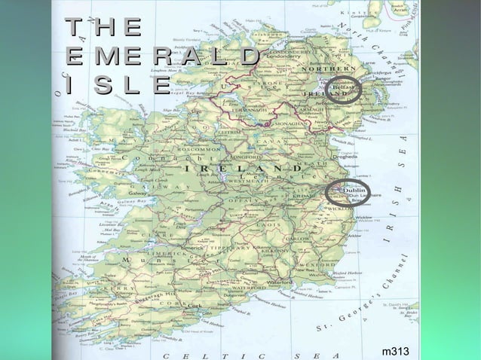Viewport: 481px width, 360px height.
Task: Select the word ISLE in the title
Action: click(117, 85)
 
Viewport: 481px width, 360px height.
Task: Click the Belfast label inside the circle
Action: click(342, 88)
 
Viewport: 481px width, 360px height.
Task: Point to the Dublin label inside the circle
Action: click(355, 191)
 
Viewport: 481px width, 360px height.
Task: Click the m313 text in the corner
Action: click(395, 352)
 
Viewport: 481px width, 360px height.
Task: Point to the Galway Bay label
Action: click(130, 202)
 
